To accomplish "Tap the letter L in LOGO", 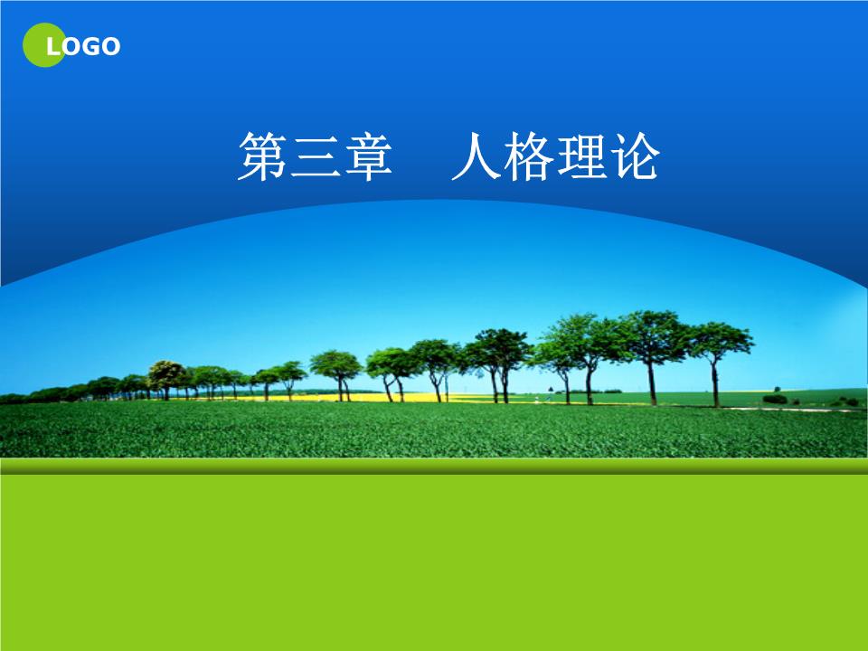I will click(x=53, y=47).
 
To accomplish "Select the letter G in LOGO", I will click(x=90, y=47).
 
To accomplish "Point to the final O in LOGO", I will click(x=110, y=47).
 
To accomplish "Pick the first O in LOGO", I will click(x=71, y=47).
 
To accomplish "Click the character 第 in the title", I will click(x=262, y=156).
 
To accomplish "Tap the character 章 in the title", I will click(x=368, y=156).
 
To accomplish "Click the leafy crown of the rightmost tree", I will click(x=718, y=339).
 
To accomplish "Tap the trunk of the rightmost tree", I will click(x=715, y=384).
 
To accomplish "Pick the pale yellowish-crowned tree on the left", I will click(x=165, y=371).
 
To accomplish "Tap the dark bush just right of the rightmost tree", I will click(x=775, y=398).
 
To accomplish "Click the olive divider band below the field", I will click(x=434, y=466).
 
